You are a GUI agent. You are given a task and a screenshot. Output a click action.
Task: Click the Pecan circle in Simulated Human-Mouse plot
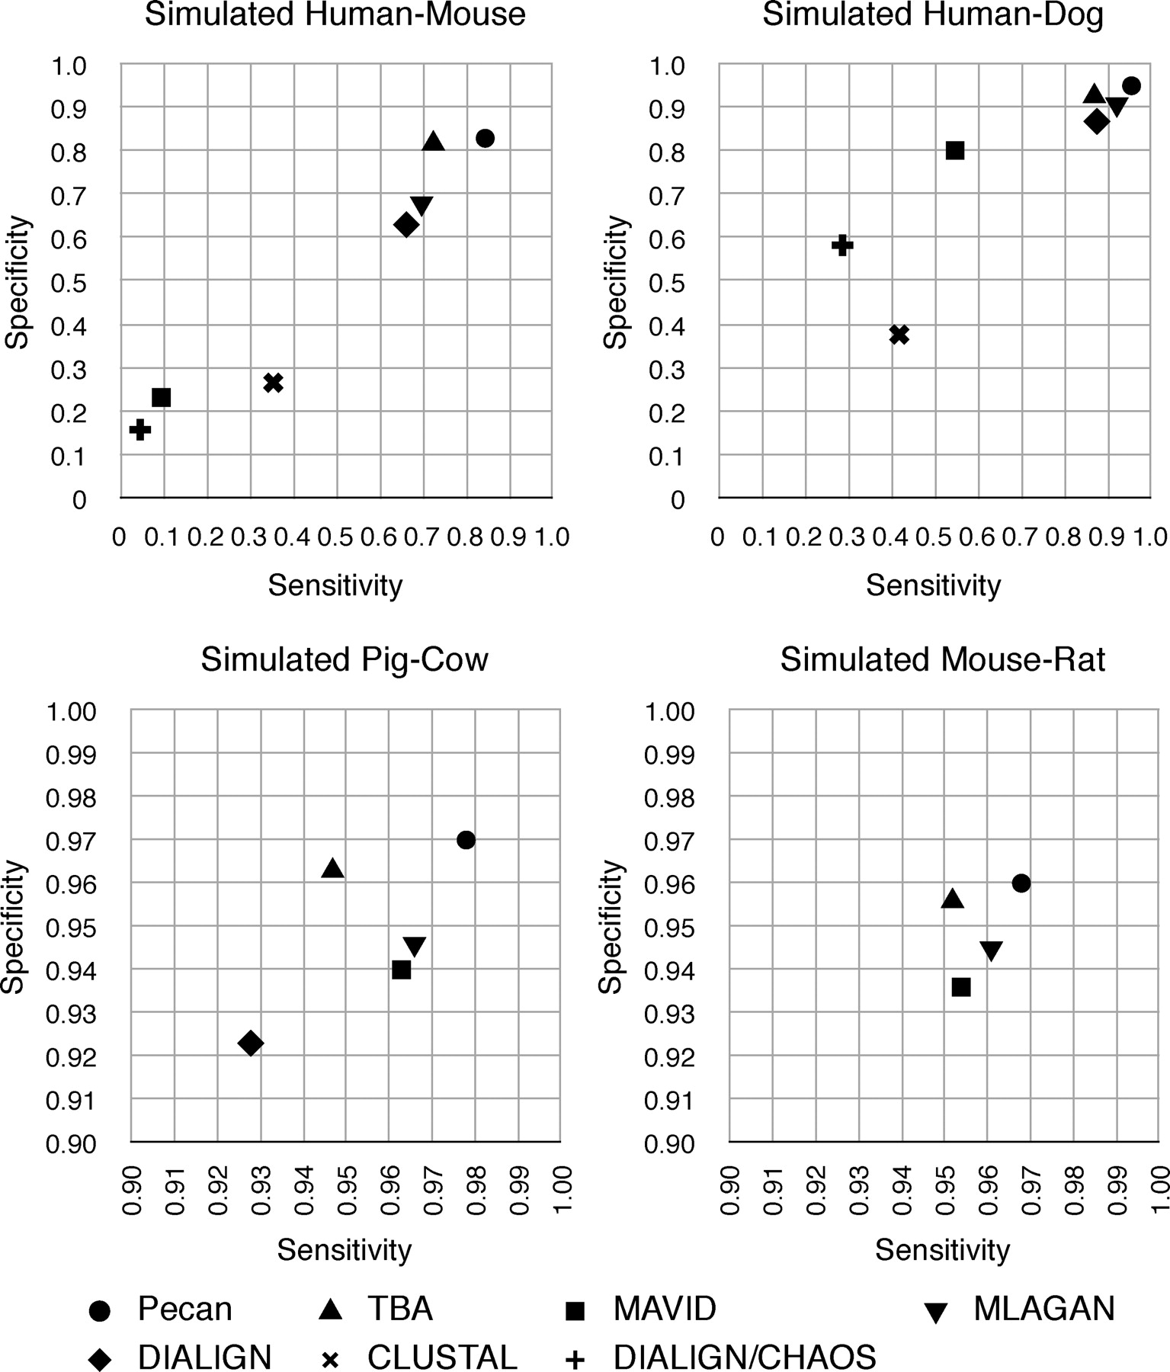coord(485,138)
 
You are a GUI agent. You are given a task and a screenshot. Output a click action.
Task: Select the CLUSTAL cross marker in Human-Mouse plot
coord(273,383)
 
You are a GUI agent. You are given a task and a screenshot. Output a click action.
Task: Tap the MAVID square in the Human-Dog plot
coord(954,150)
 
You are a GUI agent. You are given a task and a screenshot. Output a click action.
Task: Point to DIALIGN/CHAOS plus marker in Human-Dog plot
coord(841,245)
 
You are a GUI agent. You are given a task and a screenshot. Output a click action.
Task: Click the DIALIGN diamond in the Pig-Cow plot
coord(250,1043)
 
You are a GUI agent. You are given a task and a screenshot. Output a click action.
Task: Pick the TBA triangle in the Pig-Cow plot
coord(332,868)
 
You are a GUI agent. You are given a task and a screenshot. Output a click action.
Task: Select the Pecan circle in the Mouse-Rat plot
coord(1021,883)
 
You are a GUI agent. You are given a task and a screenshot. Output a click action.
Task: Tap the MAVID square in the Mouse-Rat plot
coord(961,987)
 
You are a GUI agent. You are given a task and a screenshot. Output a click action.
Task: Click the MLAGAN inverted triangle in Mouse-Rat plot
coord(991,950)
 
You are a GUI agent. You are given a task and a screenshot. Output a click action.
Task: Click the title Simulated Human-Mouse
coord(335,14)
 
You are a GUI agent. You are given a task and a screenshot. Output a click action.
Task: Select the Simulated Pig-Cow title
coord(345,659)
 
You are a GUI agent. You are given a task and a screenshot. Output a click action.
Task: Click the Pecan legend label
coord(184,1309)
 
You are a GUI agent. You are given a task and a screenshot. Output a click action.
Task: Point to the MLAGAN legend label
coord(1044,1309)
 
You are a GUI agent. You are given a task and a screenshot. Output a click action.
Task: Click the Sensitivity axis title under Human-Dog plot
coord(933,585)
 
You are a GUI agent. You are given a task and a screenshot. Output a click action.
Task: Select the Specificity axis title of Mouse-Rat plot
coord(611,926)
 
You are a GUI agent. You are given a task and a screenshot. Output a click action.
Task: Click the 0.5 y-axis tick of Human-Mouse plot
coord(69,283)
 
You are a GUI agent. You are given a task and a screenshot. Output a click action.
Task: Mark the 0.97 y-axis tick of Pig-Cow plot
coord(72,841)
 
